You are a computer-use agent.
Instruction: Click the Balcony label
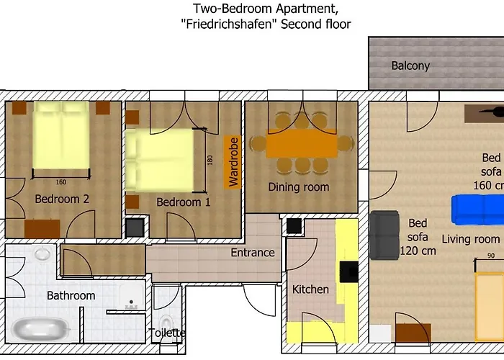tap(410, 66)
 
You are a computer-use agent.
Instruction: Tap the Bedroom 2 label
tap(62, 199)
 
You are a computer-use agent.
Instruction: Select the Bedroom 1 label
tap(184, 202)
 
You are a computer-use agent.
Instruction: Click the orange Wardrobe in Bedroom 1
tap(233, 162)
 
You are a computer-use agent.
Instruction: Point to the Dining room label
tap(299, 187)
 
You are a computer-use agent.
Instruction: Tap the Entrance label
tap(253, 253)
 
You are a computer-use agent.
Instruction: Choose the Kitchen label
tap(310, 289)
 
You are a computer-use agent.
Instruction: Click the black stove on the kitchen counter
tap(349, 271)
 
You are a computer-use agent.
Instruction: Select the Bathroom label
tap(71, 295)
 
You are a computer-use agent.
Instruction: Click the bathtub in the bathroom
tap(42, 330)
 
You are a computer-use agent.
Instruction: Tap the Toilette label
tap(167, 333)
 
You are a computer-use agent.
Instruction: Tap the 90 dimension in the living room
tap(490, 256)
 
